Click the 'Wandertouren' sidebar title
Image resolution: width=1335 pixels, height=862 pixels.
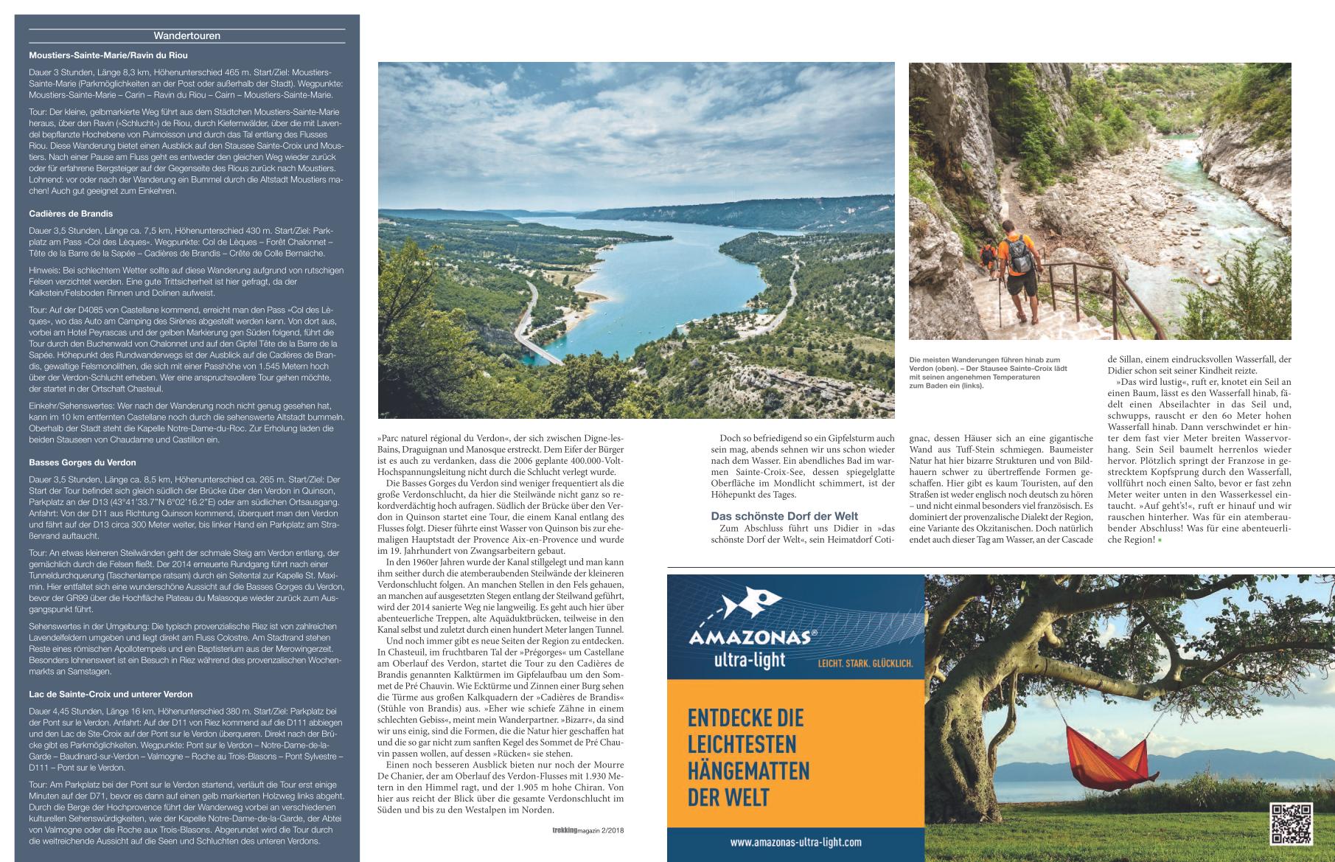pyautogui.click(x=187, y=35)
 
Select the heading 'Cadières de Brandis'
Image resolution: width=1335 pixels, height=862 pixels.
pyautogui.click(x=71, y=214)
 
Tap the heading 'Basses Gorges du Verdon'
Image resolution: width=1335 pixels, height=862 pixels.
pyautogui.click(x=82, y=462)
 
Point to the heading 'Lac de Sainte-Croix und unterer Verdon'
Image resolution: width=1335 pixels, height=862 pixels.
pyautogui.click(x=111, y=694)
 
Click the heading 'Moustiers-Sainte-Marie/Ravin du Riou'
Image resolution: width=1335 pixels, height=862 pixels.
pyautogui.click(x=108, y=55)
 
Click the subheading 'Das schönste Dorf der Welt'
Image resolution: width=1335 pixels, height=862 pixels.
pyautogui.click(x=784, y=516)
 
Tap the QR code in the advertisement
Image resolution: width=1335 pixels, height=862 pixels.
pyautogui.click(x=1291, y=823)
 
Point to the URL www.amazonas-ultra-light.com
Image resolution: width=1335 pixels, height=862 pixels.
pyautogui.click(x=795, y=841)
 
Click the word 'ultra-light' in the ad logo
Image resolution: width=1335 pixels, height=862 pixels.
pyautogui.click(x=750, y=658)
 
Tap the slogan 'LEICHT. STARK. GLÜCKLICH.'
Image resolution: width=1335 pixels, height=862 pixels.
pyautogui.click(x=865, y=664)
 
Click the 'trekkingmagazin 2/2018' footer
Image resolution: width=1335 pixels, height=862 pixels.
pyautogui.click(x=588, y=830)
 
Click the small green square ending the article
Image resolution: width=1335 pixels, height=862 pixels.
pyautogui.click(x=1160, y=541)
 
